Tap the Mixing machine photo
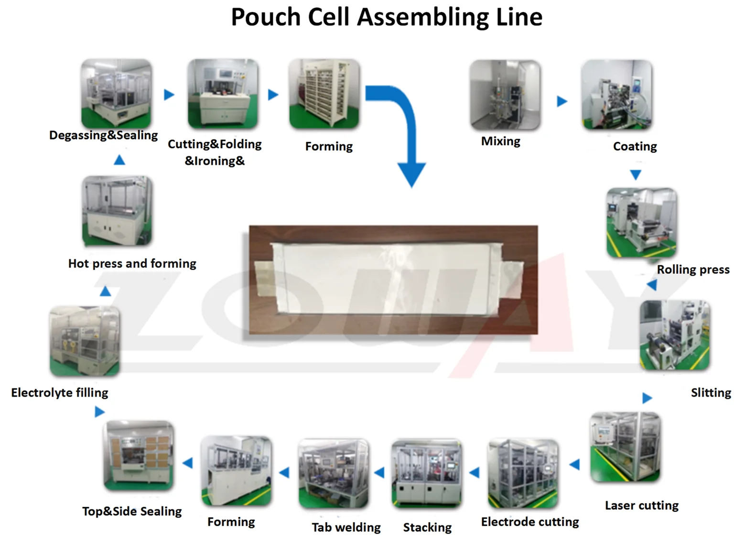[505, 95]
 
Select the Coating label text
[635, 146]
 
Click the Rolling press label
[693, 269]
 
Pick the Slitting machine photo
[675, 335]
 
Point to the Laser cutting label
[641, 505]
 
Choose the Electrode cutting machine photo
[523, 473]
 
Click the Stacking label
[427, 527]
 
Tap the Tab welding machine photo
[334, 473]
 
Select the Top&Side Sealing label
[132, 511]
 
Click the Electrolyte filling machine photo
[85, 341]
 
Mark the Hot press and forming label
[132, 263]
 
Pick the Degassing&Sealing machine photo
[117, 93]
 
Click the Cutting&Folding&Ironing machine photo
[223, 94]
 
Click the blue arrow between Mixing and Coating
[562, 101]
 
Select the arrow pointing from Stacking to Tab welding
[379, 473]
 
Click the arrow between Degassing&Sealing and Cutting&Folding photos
[169, 95]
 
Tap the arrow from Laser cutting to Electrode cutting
[575, 464]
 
